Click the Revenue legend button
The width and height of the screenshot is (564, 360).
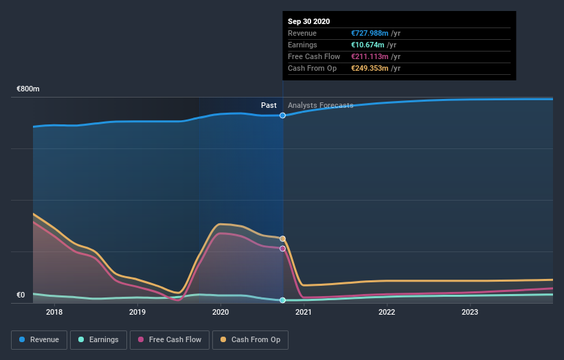click(x=38, y=339)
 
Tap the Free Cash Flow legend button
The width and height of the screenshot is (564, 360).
click(x=170, y=339)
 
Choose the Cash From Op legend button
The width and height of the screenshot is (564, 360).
click(x=251, y=339)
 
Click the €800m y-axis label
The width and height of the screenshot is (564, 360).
click(x=28, y=89)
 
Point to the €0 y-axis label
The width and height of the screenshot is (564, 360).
click(x=21, y=295)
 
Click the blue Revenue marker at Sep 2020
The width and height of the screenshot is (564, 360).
click(x=282, y=115)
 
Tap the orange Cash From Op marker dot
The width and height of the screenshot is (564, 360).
click(x=282, y=238)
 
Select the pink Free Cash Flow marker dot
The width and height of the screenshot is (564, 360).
click(x=282, y=249)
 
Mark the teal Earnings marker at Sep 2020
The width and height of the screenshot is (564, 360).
click(x=282, y=300)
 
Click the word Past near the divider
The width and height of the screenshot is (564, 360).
click(x=269, y=105)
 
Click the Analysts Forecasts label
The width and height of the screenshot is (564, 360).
click(x=320, y=105)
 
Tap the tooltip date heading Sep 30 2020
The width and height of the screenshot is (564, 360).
click(x=308, y=21)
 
